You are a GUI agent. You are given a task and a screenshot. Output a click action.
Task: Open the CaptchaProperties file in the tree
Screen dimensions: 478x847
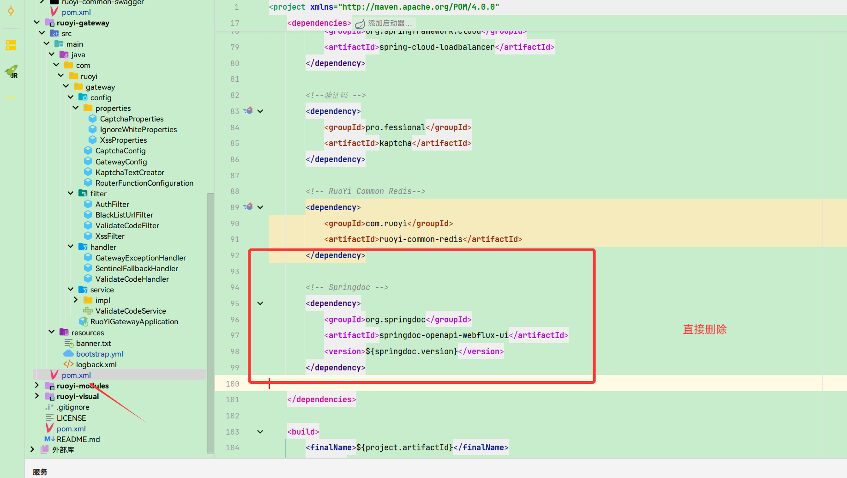[132, 119]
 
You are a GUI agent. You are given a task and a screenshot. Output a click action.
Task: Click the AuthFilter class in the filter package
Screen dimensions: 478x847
[112, 204]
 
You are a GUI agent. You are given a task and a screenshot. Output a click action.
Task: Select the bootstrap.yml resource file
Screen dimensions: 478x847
[99, 354]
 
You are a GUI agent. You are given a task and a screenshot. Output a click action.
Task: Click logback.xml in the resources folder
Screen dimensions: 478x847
[96, 364]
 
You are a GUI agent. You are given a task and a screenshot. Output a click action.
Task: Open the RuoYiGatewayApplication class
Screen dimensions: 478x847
[134, 321]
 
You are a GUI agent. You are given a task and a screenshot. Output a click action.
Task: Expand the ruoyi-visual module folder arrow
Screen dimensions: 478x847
[37, 396]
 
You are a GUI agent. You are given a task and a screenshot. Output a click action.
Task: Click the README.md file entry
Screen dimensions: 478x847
[78, 439]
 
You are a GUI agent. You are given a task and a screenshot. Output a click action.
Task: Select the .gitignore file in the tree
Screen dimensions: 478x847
[73, 407]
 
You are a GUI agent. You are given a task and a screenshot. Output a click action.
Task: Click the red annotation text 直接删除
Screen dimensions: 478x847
[705, 329]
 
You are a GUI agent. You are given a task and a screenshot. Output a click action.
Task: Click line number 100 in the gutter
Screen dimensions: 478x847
[233, 384]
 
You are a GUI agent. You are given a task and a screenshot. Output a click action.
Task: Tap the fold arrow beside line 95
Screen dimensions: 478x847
[260, 303]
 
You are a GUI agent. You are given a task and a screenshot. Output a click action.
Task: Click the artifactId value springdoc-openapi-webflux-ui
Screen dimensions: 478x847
[444, 335]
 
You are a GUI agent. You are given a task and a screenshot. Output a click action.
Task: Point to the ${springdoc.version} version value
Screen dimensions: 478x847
[412, 351]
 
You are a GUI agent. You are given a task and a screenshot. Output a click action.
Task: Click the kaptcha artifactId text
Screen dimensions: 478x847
[395, 143]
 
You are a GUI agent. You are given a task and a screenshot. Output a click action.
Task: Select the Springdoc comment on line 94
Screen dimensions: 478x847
[347, 287]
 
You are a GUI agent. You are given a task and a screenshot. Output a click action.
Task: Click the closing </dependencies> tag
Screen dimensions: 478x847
[322, 399]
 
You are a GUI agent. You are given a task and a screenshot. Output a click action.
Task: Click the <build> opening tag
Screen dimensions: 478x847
[303, 432]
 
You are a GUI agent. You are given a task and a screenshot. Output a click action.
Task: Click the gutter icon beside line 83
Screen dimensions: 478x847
[248, 111]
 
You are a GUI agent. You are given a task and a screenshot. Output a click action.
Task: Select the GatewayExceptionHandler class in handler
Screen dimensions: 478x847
[140, 258]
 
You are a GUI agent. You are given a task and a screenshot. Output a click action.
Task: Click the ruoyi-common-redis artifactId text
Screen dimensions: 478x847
[420, 239]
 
